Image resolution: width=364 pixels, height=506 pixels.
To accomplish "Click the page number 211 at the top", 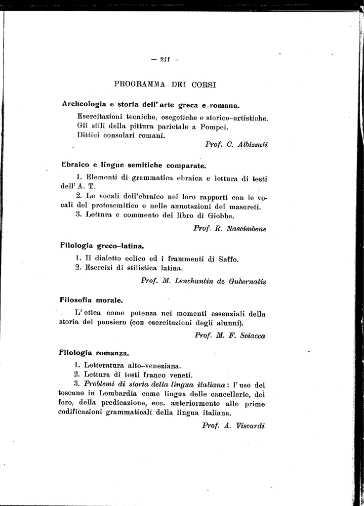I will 164,60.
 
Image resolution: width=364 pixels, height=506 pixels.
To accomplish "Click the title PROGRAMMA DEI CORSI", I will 165,84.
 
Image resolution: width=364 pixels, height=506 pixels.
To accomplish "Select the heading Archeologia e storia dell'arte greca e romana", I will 151,105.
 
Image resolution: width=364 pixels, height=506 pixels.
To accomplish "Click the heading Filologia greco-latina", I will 102,245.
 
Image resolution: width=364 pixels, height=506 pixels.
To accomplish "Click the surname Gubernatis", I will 248,282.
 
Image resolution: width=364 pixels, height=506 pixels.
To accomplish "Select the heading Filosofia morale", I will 91,299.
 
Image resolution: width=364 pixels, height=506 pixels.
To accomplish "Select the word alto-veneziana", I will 155,366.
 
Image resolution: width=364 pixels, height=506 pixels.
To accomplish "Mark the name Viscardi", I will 251,425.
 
